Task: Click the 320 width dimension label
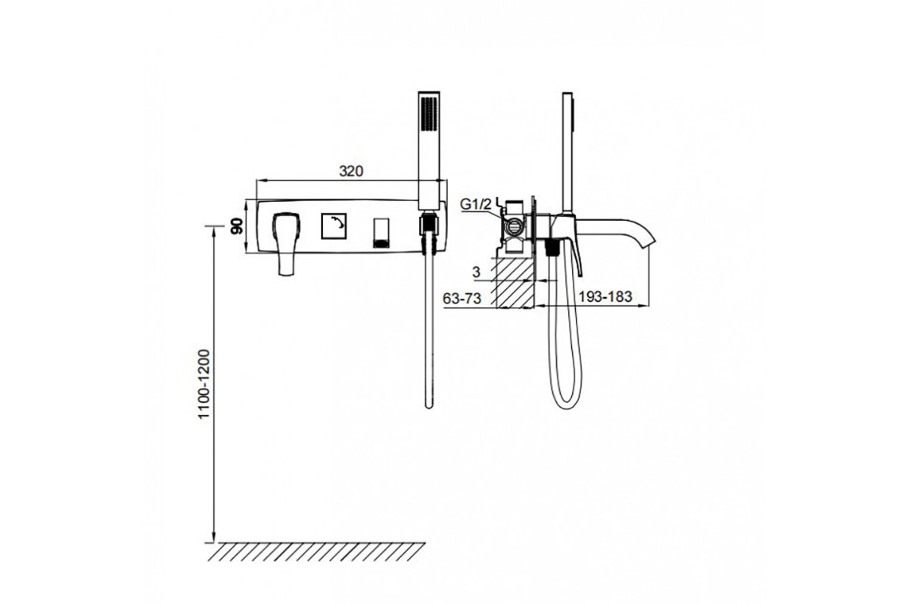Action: coord(351,172)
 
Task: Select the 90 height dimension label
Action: coord(236,226)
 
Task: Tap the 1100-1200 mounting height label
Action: coord(205,383)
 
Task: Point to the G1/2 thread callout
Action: coord(475,204)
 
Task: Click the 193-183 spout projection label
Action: coord(605,297)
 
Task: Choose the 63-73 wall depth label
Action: coord(462,299)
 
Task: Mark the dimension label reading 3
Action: coord(476,272)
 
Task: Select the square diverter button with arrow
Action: coord(334,225)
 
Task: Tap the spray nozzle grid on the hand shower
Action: coord(429,114)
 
